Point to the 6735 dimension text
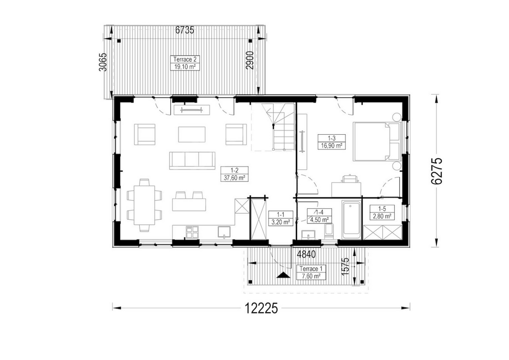(185, 30)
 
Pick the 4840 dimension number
(306, 254)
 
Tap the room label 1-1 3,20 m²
(281, 218)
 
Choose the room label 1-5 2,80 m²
(382, 212)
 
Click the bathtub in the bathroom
(351, 220)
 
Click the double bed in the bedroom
(377, 141)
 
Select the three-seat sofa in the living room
(192, 160)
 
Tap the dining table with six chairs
(144, 205)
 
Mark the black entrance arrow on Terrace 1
(283, 275)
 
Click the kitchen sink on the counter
(224, 232)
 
